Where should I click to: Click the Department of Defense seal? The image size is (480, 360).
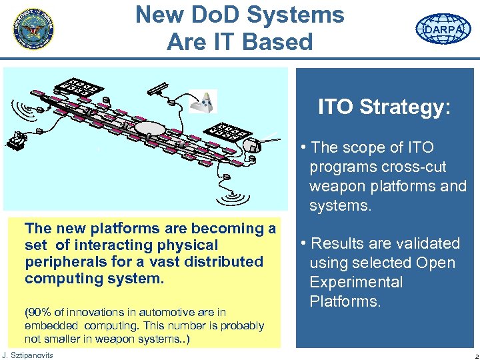tap(33, 29)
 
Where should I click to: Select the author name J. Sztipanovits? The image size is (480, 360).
tap(28, 355)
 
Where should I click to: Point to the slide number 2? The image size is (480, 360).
tap(469, 355)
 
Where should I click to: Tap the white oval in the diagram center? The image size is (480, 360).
tap(149, 129)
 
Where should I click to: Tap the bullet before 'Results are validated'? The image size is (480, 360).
tap(303, 243)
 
